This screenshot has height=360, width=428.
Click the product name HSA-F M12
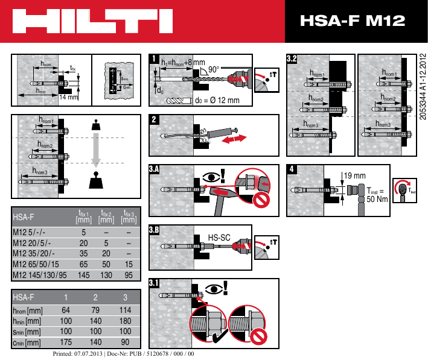353,22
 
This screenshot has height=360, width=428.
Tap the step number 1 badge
154,59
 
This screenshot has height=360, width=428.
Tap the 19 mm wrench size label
356,175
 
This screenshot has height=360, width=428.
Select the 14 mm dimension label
69,96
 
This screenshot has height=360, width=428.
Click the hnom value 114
125,310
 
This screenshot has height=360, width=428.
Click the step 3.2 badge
292,59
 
